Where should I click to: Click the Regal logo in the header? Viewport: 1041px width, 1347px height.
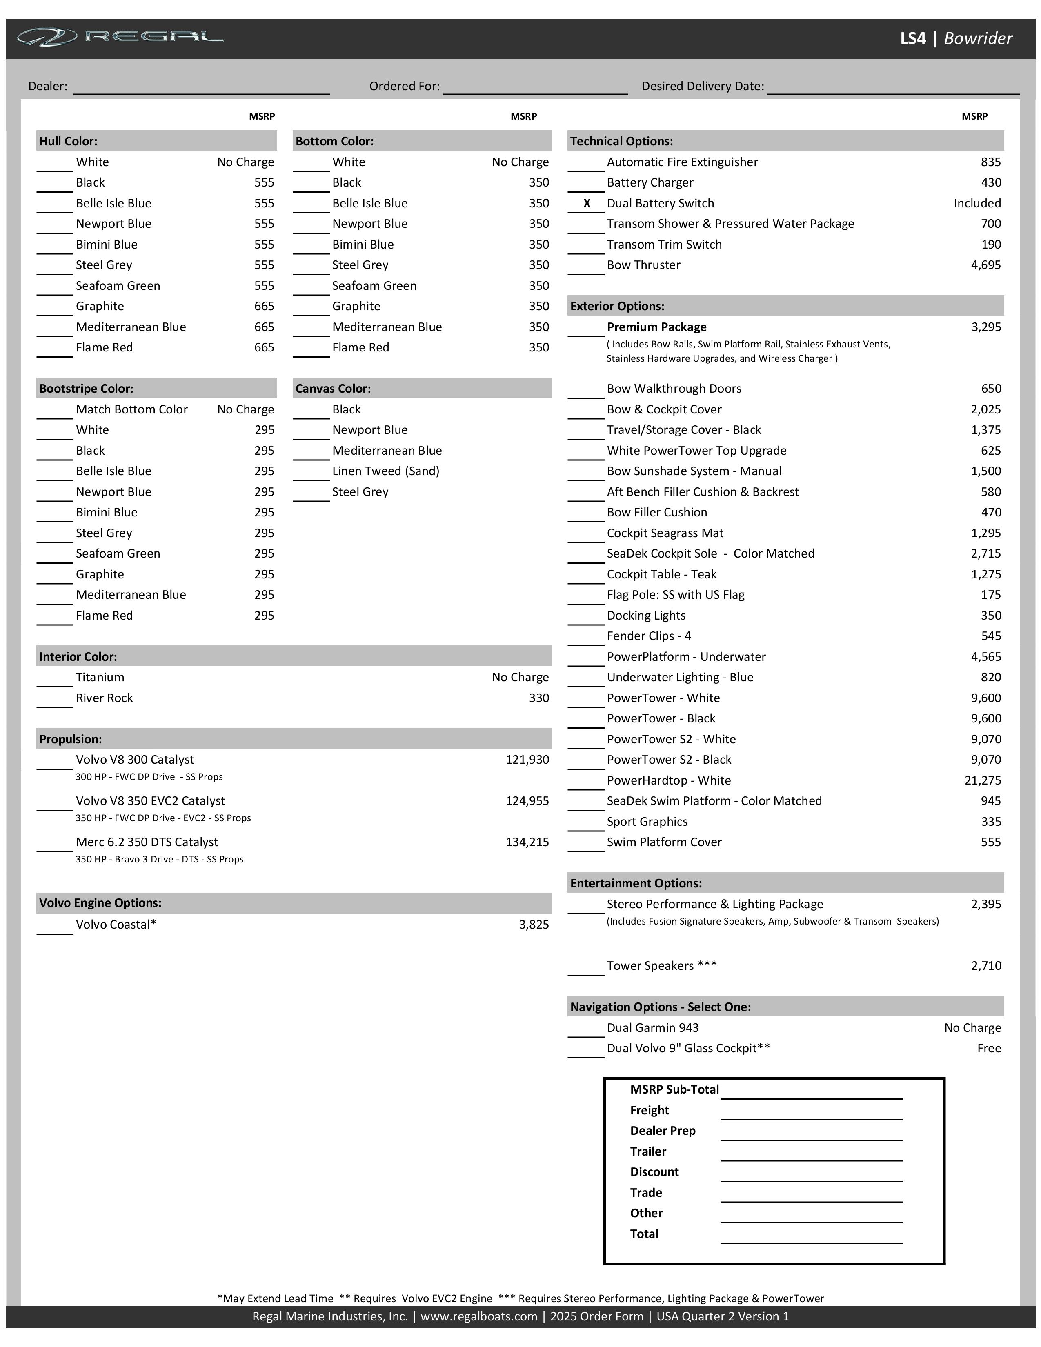tap(120, 38)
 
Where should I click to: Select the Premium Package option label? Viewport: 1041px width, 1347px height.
tap(656, 327)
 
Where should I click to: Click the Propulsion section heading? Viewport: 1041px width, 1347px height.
tap(70, 739)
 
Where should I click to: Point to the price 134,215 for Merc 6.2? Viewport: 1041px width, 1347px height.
tap(527, 842)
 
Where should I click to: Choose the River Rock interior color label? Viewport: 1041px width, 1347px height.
tap(104, 698)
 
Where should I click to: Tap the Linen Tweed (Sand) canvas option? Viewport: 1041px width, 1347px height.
tap(385, 471)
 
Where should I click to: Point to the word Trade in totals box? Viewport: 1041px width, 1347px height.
tap(646, 1192)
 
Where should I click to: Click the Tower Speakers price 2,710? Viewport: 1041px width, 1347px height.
tap(985, 965)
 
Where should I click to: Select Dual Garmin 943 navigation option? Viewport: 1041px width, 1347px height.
tap(652, 1027)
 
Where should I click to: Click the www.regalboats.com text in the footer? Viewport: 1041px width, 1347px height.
tap(478, 1316)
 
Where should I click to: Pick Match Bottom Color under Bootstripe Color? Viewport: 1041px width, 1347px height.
tap(131, 409)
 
